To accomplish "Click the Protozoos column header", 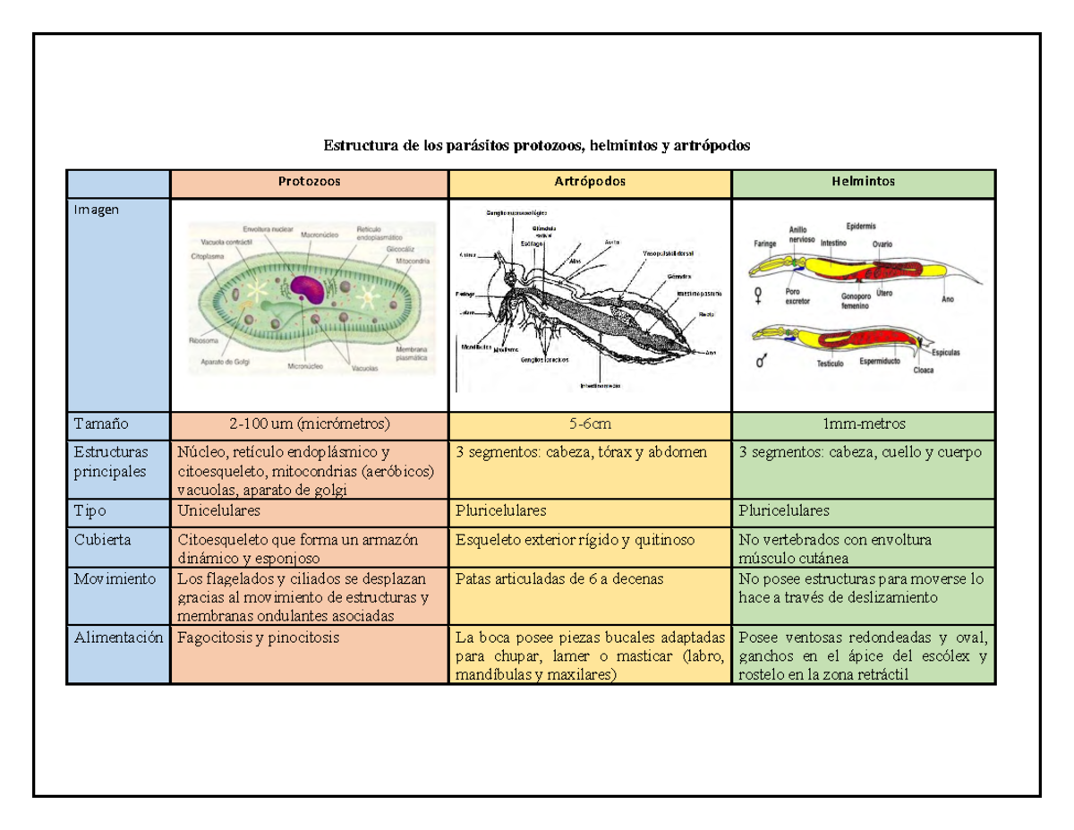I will tap(309, 182).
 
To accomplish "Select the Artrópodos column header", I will tap(590, 182).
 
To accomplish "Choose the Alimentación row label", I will tap(119, 638).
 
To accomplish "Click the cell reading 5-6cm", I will tap(590, 424).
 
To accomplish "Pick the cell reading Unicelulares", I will tap(219, 511).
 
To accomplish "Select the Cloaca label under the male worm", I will tap(925, 370).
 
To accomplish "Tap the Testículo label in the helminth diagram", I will tap(831, 364).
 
